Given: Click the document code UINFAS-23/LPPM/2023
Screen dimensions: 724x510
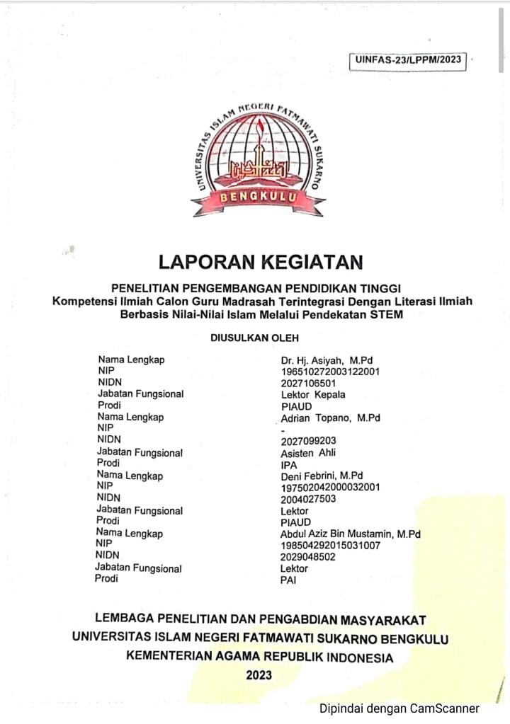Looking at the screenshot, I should pos(407,60).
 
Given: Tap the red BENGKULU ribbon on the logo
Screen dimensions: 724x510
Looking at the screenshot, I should pos(258,197).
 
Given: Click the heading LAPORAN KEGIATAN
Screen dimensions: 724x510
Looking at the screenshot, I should pos(260,262).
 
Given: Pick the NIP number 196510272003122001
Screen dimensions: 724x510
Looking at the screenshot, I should pos(331,371).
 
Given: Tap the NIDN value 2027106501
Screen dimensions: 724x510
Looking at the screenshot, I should pos(308,383).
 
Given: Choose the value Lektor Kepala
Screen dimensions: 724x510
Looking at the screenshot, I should pos(312,394).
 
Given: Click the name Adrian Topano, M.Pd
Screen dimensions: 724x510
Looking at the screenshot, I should pos(330,418).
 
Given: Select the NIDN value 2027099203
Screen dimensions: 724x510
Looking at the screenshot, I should pos(308,441).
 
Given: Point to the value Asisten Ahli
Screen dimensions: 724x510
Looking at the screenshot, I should pos(308,453).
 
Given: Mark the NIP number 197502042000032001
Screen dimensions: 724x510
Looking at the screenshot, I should pos(331,488).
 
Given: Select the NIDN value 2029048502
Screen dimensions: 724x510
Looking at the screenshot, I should pos(308,557).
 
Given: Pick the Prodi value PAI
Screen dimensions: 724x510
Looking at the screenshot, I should pos(289,580).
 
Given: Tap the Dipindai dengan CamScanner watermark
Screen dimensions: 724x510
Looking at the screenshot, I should pos(399,708).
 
